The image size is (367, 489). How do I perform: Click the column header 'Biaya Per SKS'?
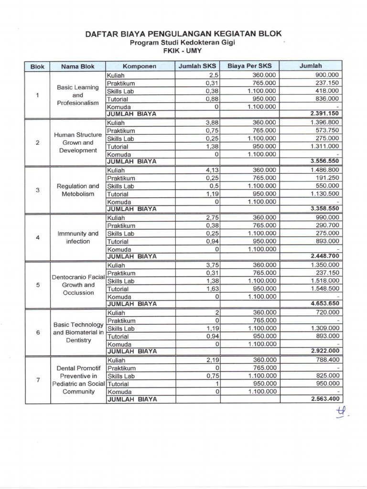[249, 66]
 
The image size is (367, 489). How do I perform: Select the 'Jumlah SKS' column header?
[197, 66]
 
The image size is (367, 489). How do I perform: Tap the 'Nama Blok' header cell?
[77, 66]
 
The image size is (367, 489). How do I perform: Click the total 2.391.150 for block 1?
[324, 114]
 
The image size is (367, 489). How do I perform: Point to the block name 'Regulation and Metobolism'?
[77, 190]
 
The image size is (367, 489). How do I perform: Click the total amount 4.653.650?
[324, 304]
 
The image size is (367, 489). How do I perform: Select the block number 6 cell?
[37, 332]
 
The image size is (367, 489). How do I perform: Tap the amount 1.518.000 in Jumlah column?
[324, 281]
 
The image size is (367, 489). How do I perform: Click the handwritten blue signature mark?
[341, 412]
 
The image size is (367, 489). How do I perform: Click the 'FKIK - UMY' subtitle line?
[183, 50]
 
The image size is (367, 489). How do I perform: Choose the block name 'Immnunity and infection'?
[77, 237]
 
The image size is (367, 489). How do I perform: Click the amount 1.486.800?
[324, 170]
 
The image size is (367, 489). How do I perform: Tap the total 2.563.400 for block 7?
[324, 399]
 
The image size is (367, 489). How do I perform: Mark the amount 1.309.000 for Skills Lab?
[324, 328]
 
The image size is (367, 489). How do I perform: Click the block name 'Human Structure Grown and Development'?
[77, 142]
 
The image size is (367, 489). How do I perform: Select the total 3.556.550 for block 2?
[324, 161]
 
